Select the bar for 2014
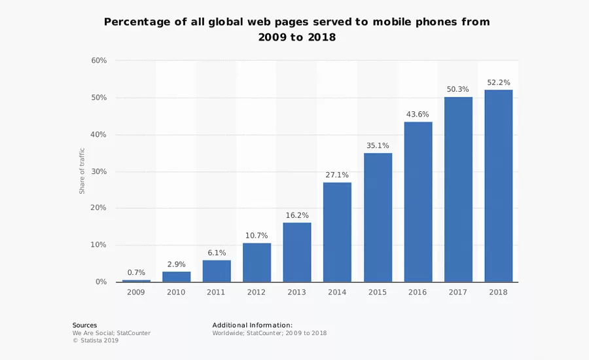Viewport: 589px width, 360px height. click(x=337, y=232)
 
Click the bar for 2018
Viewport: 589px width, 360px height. click(x=499, y=186)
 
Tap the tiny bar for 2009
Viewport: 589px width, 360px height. click(x=136, y=281)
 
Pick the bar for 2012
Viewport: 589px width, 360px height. click(x=257, y=262)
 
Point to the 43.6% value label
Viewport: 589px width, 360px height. click(x=418, y=115)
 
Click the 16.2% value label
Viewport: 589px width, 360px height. click(x=296, y=215)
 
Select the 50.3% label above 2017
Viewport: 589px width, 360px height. click(x=457, y=90)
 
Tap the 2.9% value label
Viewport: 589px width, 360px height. click(x=176, y=264)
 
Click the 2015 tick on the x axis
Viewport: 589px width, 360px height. click(x=377, y=292)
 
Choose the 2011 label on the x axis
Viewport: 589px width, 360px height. click(x=216, y=292)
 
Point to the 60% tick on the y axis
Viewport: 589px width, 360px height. click(x=99, y=60)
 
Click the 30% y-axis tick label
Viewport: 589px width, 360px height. click(x=99, y=171)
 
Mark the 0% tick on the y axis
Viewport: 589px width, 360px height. click(x=101, y=282)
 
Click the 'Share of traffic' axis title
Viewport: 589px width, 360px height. click(x=82, y=171)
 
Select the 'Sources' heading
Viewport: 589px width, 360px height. click(x=84, y=325)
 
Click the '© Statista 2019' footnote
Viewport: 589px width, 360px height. click(x=96, y=340)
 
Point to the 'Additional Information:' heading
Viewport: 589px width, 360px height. click(x=252, y=325)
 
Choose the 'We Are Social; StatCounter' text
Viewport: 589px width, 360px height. click(x=111, y=333)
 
